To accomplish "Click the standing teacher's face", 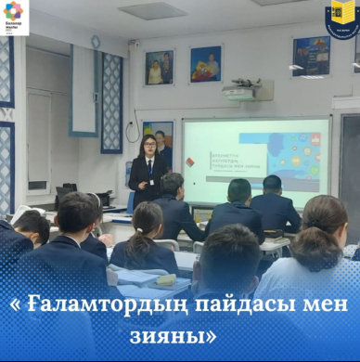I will pos(148,148).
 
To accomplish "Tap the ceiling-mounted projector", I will pos(246,91).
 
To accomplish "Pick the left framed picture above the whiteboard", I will pos(159,68).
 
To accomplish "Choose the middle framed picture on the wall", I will pos(205,64).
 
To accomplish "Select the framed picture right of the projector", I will pos(311,56).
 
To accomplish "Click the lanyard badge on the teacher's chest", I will pos(149,172).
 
